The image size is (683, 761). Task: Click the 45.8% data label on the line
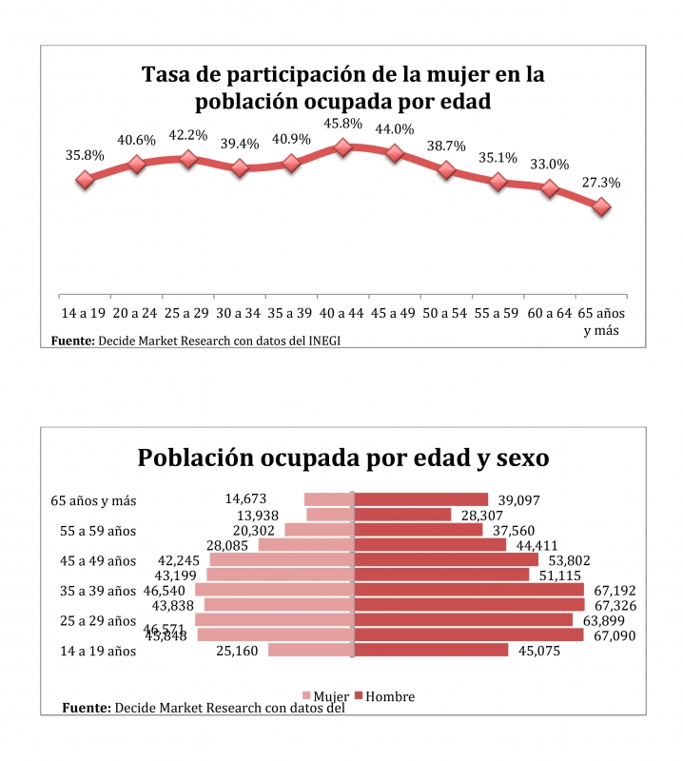pyautogui.click(x=343, y=124)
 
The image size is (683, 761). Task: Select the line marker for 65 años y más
pyautogui.click(x=601, y=206)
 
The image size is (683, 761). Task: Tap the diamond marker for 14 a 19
pyautogui.click(x=85, y=180)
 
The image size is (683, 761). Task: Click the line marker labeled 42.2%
pyautogui.click(x=188, y=159)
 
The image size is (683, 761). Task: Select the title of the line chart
pyautogui.click(x=342, y=87)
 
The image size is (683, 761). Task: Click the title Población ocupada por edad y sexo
pyautogui.click(x=342, y=458)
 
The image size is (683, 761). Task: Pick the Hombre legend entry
pyautogui.click(x=385, y=696)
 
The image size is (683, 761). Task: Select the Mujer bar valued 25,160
pyautogui.click(x=310, y=651)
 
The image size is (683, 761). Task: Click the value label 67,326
pyautogui.click(x=615, y=605)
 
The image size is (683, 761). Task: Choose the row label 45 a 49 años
pyautogui.click(x=94, y=560)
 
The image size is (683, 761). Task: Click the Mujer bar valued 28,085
pyautogui.click(x=305, y=545)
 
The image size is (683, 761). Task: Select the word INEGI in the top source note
pyautogui.click(x=322, y=341)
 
